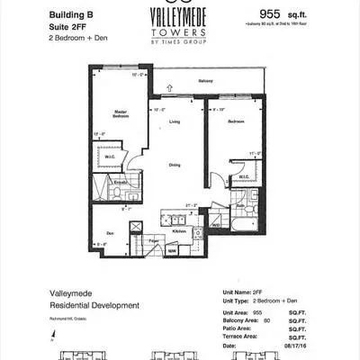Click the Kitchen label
pyautogui.click(x=179, y=230)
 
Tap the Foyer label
pyautogui.click(x=154, y=240)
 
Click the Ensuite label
pyautogui.click(x=118, y=183)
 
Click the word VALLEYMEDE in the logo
pyautogui.click(x=180, y=16)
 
